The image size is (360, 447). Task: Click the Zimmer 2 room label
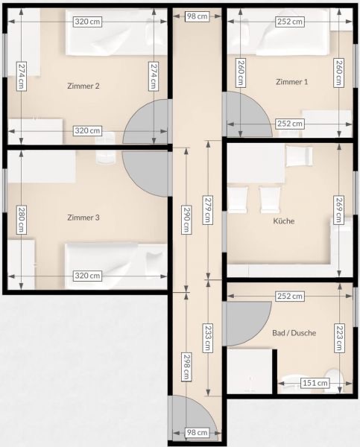[83, 86]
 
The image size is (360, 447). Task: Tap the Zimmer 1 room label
[292, 82]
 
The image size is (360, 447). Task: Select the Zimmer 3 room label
[83, 218]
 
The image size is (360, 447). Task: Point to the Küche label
[283, 221]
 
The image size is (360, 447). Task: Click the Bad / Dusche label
[294, 333]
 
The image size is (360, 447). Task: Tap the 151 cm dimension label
[315, 383]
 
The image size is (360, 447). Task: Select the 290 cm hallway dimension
[186, 220]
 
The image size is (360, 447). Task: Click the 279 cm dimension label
[208, 209]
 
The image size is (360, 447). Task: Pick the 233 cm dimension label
[208, 337]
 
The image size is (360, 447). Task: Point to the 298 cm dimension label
[186, 367]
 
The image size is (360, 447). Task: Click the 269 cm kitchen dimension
[338, 209]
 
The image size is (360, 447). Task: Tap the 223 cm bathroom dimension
[338, 337]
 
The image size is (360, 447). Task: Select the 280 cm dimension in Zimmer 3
[22, 220]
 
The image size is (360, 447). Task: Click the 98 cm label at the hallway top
[197, 16]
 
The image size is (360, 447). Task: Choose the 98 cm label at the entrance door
[197, 432]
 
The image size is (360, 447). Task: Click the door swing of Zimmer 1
[248, 114]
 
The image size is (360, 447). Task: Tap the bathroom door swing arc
[247, 323]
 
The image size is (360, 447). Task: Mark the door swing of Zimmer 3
[145, 174]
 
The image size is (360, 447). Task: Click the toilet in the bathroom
[334, 379]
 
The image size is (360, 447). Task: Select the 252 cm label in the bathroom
[289, 297]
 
